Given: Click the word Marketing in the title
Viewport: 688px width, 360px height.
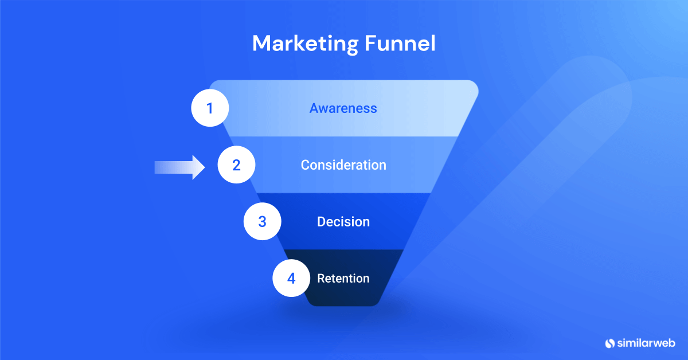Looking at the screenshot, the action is tap(305, 44).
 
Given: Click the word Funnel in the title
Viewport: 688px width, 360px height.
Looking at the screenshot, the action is tap(400, 44).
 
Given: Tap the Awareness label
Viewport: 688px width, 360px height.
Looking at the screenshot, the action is tap(343, 108).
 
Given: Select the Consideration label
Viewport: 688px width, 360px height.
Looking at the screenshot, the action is tap(343, 165).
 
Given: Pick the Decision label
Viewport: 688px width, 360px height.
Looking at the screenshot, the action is tap(343, 222).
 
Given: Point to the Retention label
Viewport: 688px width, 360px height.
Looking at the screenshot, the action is tap(343, 278).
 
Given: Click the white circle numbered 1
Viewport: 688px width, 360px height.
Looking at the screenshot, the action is tap(210, 108).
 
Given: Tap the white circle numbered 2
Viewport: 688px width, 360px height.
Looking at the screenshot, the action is tap(236, 165).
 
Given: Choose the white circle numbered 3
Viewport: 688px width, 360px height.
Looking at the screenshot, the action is tap(263, 221).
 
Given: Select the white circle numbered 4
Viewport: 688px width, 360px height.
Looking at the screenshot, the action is tap(291, 278).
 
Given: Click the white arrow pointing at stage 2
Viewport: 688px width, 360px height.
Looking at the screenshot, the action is tap(179, 167).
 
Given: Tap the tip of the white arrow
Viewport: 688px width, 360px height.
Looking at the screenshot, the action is tap(205, 167).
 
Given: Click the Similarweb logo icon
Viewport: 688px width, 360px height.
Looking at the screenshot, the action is tap(610, 343).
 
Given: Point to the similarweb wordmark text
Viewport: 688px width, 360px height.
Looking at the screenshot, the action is tap(646, 343).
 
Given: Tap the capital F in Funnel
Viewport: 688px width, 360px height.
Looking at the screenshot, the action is tap(371, 44).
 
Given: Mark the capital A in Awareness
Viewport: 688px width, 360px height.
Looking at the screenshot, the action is tap(314, 108).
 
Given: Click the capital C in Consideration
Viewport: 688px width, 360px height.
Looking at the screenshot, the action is tap(305, 165).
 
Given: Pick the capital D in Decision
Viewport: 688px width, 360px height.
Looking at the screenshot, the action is tap(321, 222).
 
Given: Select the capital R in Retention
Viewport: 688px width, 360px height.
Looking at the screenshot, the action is tap(321, 278).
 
